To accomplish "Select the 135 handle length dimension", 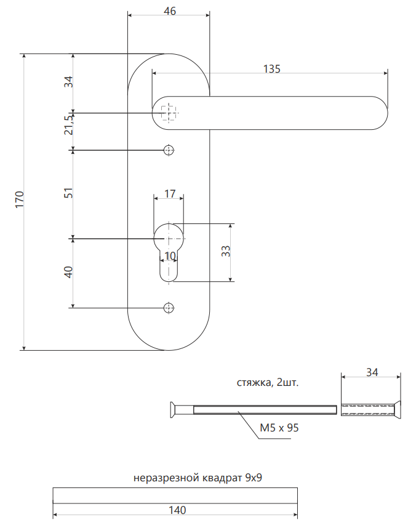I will [x=272, y=69].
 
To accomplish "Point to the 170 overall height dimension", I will [x=20, y=201].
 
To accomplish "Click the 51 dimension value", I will [x=69, y=193].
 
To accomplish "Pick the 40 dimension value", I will [x=69, y=272].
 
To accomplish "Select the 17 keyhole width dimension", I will [x=170, y=194].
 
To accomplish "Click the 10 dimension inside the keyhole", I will [x=170, y=255].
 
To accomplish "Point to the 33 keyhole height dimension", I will [x=226, y=252].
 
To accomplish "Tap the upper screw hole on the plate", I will [x=169, y=150].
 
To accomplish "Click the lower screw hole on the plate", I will [x=169, y=307].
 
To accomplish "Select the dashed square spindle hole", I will [x=168, y=113].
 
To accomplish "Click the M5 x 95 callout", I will [x=279, y=428].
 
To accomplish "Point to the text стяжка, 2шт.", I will [x=268, y=383].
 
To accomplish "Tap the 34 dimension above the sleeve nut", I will [x=372, y=372].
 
